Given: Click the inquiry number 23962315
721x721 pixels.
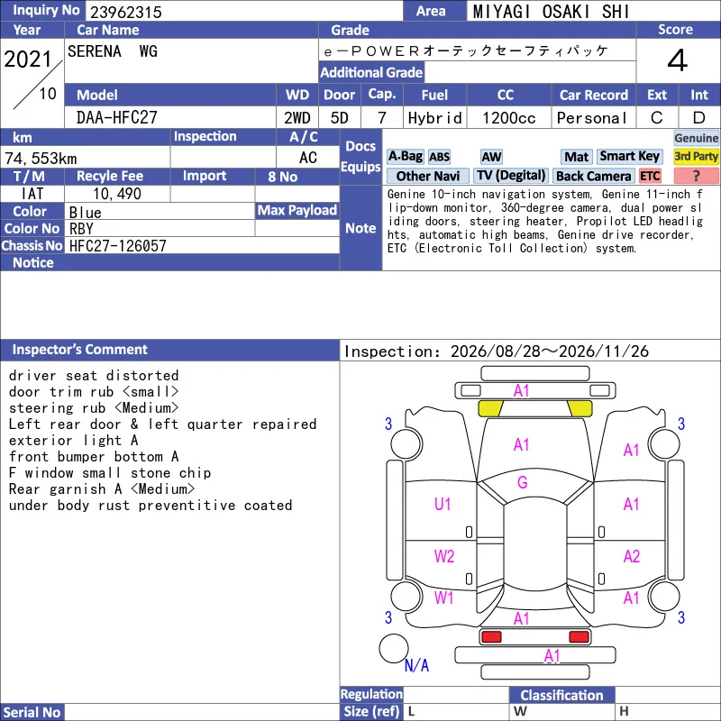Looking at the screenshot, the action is (125, 12).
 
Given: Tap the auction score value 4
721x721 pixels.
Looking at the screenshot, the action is (678, 60).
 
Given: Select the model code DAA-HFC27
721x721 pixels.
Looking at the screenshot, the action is (117, 118).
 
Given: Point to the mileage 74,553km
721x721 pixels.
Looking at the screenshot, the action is (41, 159).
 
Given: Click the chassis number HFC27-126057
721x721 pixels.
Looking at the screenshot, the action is (118, 246).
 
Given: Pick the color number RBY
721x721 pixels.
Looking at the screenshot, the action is (81, 229).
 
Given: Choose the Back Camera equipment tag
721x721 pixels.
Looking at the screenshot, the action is (593, 176).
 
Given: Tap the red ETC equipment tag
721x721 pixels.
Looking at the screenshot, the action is (650, 176).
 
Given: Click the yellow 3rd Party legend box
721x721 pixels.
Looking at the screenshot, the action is (696, 156).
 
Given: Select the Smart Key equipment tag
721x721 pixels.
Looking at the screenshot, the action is (629, 156).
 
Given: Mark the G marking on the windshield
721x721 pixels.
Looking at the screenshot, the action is (523, 482).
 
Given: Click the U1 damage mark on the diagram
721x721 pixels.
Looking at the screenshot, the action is (443, 504).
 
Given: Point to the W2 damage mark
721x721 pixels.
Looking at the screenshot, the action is (443, 556).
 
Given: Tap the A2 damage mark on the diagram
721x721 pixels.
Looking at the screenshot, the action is (632, 556).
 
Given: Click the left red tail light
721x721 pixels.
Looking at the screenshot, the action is (491, 637).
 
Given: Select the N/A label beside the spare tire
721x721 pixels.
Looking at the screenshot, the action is (416, 665).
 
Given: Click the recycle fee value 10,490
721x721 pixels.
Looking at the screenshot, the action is (117, 194).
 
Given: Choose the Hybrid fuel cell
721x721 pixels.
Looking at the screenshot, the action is (434, 118).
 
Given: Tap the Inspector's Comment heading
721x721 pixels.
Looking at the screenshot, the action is (80, 350).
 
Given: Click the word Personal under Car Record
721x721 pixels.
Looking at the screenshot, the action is (592, 118).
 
